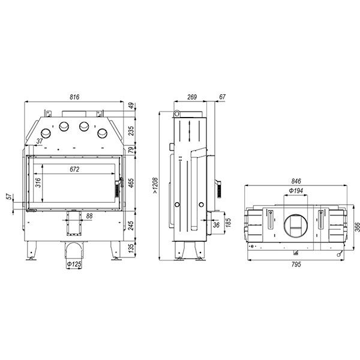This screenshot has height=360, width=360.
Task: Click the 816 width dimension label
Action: tap(74, 97)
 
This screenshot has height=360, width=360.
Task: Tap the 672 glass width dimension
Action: tap(74, 169)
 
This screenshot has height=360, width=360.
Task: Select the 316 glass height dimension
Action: tap(38, 182)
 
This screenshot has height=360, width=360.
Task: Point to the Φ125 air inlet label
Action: tap(74, 264)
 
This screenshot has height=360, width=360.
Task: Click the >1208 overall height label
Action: tap(155, 185)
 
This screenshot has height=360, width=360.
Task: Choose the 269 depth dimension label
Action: tap(192, 97)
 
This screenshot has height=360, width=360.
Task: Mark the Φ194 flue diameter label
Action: tap(296, 191)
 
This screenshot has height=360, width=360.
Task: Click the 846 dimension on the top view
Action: tap(296, 181)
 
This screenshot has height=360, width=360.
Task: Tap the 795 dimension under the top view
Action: tap(296, 264)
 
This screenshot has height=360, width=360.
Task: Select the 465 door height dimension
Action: tap(131, 183)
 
